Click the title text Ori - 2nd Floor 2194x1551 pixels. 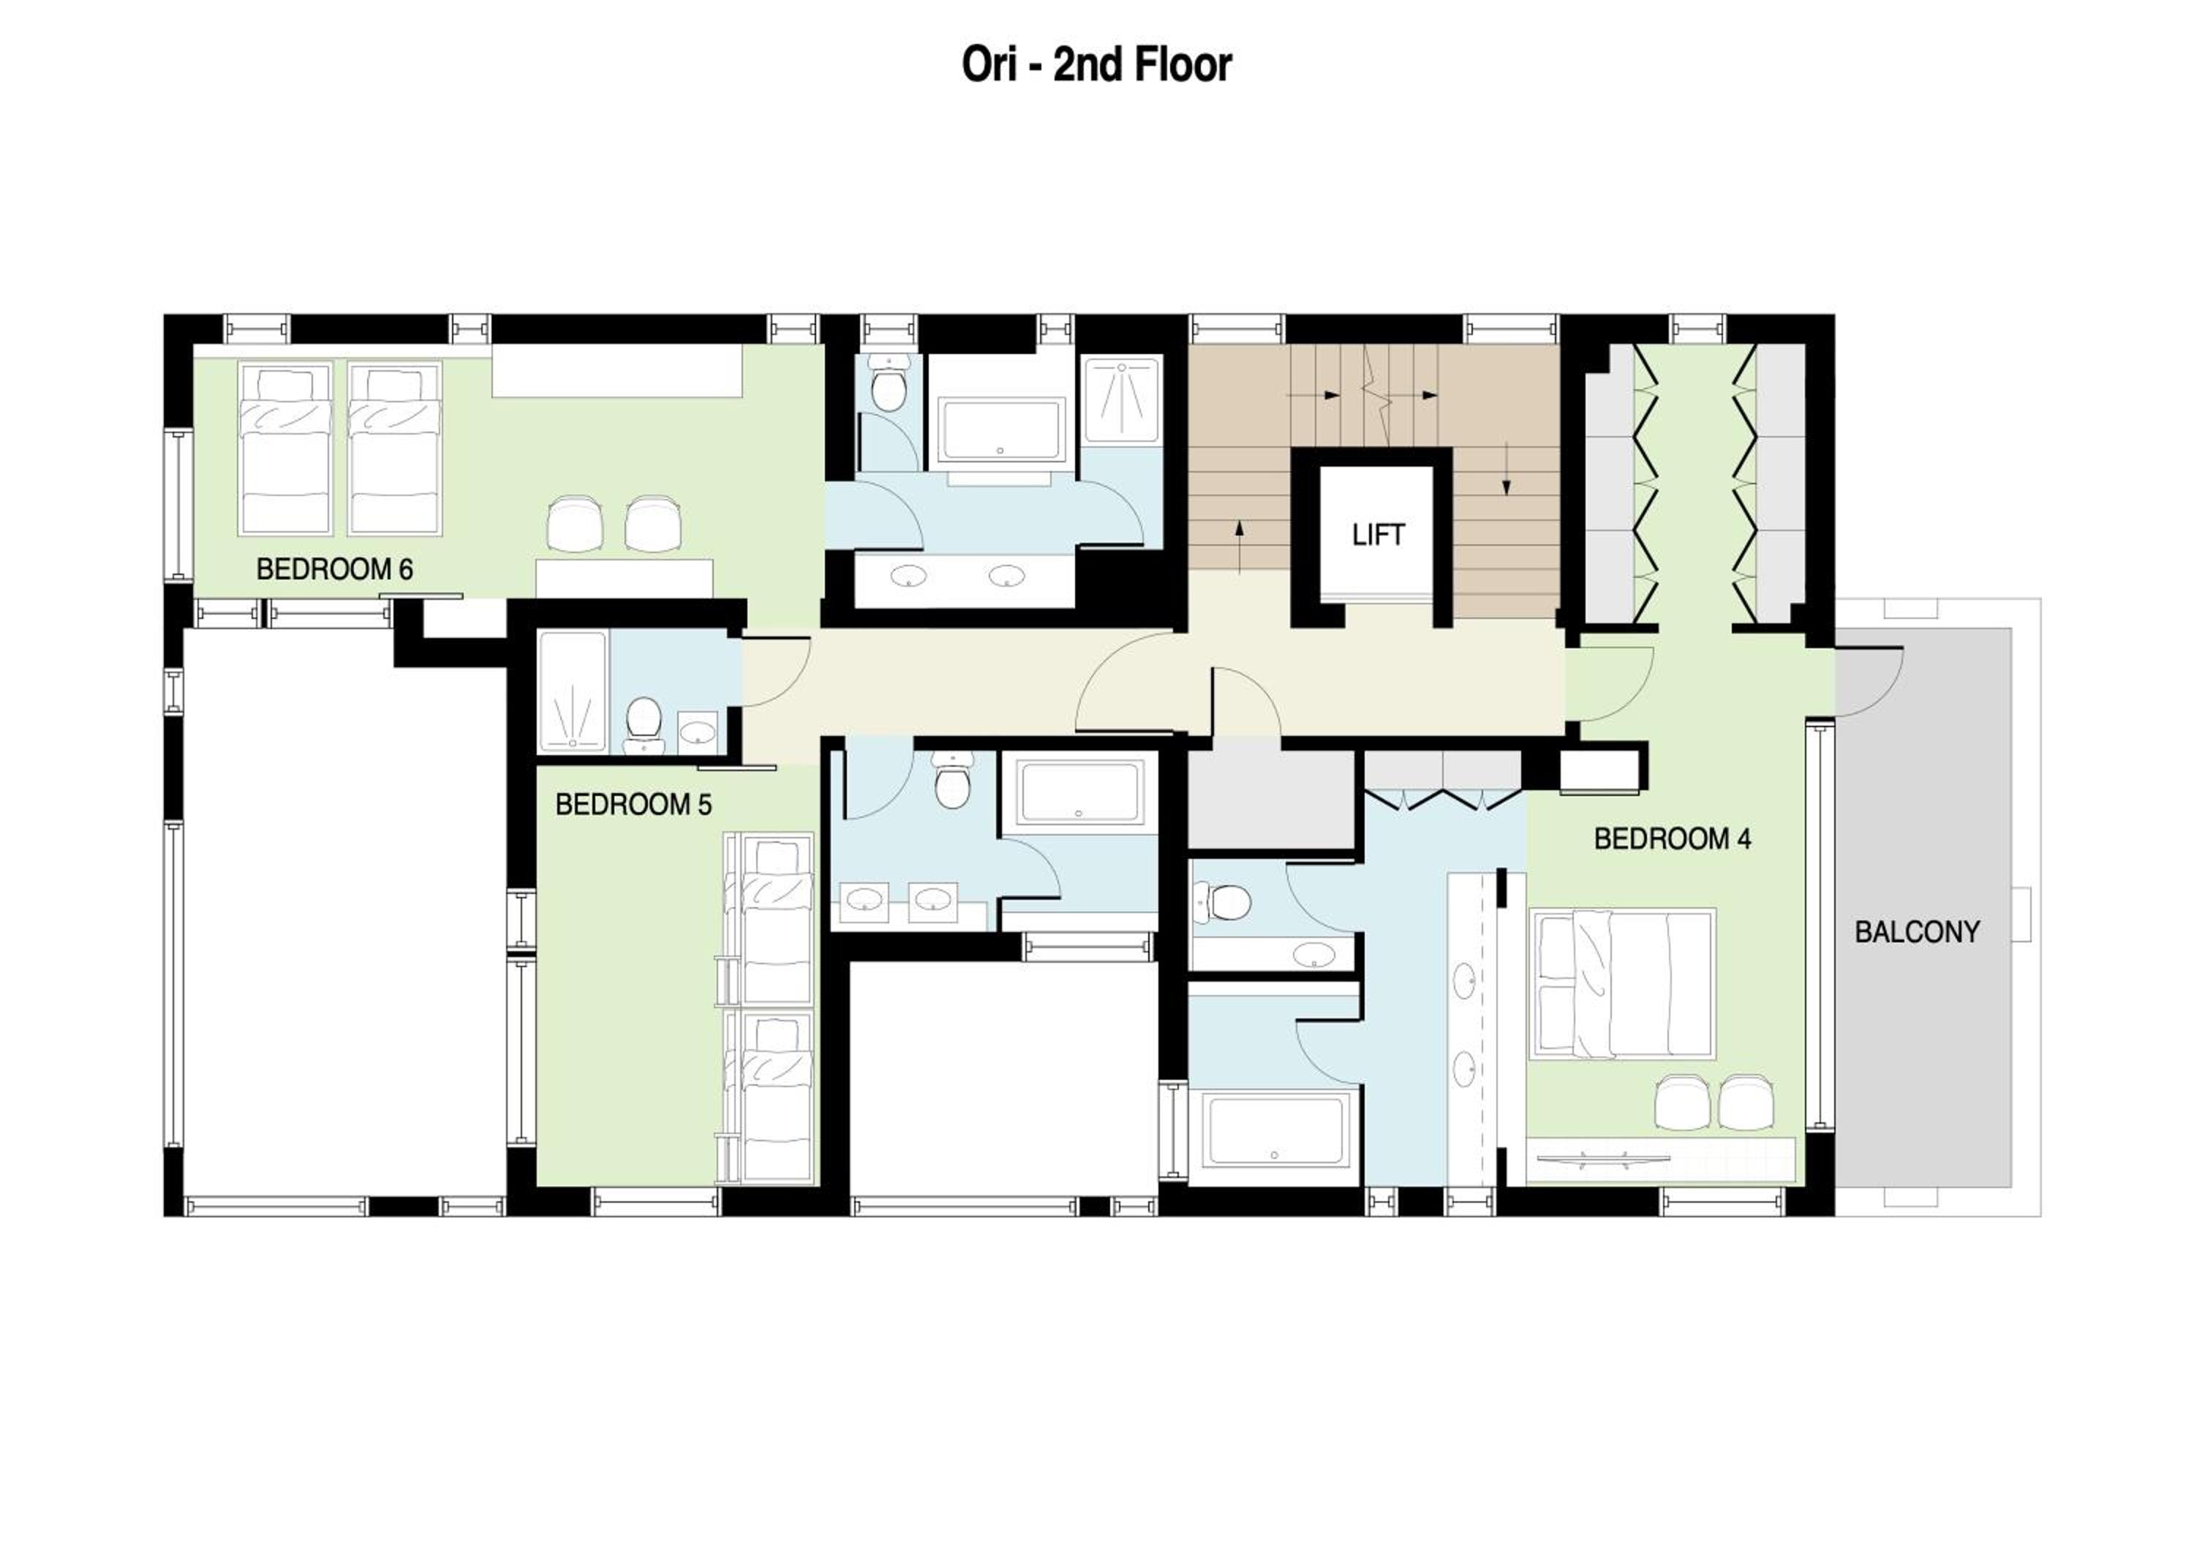click(x=1096, y=65)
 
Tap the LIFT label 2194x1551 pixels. click(x=1378, y=535)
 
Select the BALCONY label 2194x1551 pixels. click(x=1917, y=932)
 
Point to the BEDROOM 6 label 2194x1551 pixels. click(x=334, y=570)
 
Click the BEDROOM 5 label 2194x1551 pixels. click(x=633, y=805)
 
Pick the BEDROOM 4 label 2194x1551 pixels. click(x=1673, y=839)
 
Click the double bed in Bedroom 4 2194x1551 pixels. click(x=1623, y=983)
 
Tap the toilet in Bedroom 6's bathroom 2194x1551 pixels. click(x=891, y=384)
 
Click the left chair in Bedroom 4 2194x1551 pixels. click(x=1682, y=1102)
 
